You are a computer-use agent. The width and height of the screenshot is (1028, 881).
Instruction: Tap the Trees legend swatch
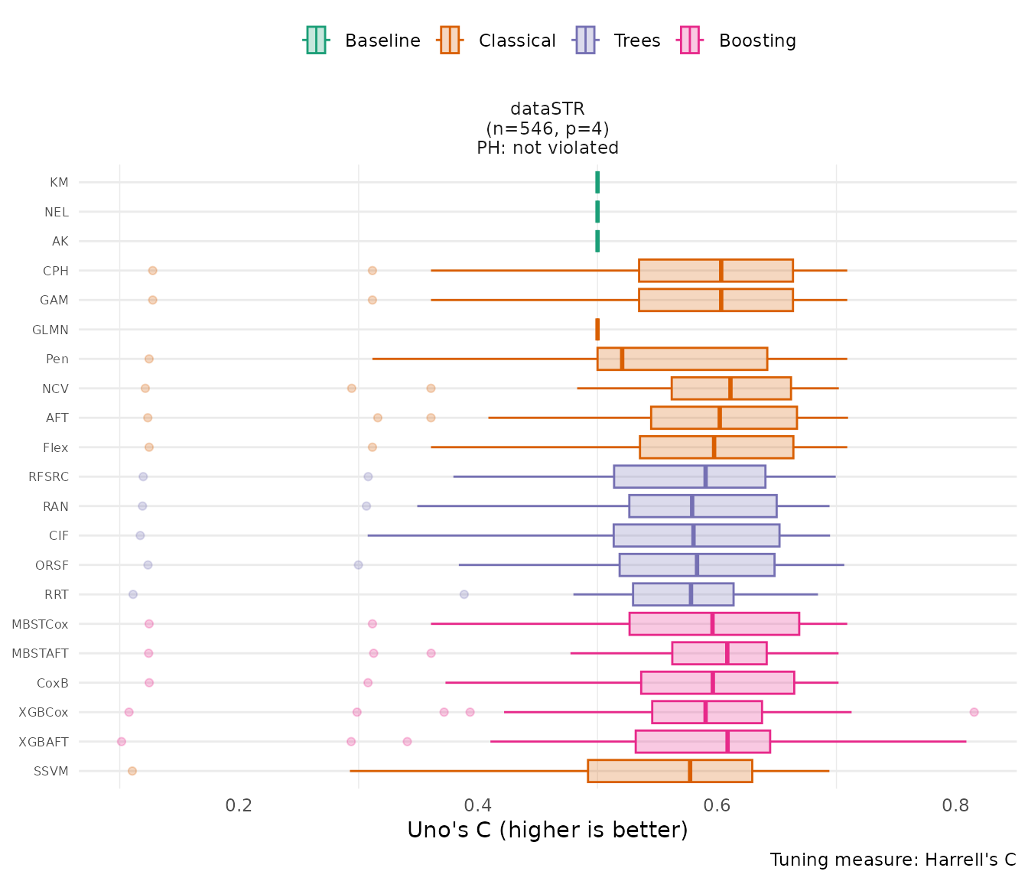[585, 41]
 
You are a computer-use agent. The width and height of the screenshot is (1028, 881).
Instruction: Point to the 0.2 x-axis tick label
[240, 805]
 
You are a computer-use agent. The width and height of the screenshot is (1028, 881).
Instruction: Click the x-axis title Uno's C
[548, 830]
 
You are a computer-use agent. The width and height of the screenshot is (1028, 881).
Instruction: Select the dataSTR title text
[548, 109]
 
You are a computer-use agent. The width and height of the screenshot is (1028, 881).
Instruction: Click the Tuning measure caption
[893, 860]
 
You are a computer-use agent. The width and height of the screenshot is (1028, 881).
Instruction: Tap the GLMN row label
[50, 330]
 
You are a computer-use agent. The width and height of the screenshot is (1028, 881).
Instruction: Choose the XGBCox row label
[44, 712]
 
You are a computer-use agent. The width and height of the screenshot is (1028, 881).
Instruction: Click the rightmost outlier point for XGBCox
[974, 712]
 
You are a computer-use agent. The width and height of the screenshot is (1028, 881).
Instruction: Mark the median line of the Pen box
[622, 359]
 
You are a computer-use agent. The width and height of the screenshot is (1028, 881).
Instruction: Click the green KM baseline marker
[597, 182]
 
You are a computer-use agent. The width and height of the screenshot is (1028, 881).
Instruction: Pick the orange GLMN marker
[597, 330]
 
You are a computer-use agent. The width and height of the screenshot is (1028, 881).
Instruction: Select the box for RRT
[683, 594]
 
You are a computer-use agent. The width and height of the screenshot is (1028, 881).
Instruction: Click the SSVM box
[669, 771]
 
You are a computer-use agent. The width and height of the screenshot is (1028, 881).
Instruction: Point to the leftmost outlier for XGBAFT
[121, 741]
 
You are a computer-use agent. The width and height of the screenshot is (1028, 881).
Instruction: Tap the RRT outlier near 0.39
[464, 594]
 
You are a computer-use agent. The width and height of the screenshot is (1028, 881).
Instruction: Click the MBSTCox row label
[40, 624]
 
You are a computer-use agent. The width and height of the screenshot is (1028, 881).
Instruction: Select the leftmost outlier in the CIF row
[140, 535]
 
